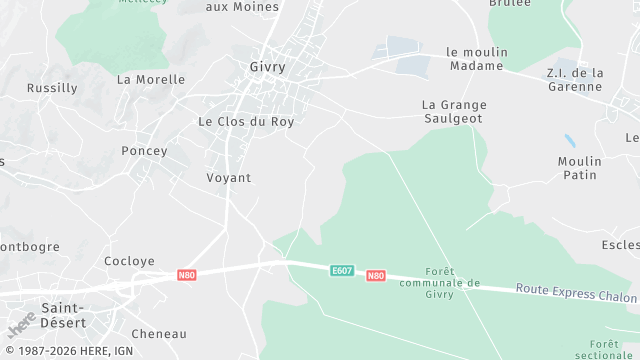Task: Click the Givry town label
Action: tap(267, 67)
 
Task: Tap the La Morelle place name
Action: tap(151, 79)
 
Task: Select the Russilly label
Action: tap(52, 88)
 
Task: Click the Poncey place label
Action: tap(144, 151)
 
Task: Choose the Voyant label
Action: tap(228, 178)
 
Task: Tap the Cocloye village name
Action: tap(130, 261)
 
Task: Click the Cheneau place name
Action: tap(159, 334)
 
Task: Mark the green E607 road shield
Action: tap(343, 270)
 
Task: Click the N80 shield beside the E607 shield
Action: tap(375, 275)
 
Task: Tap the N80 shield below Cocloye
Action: tap(186, 274)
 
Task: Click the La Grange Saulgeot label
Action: tap(452, 110)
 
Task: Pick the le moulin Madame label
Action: tap(477, 59)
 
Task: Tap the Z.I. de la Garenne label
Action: tap(575, 79)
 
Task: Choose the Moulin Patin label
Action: tap(580, 168)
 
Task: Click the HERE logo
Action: tap(22, 325)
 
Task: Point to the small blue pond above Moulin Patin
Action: tap(569, 141)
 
